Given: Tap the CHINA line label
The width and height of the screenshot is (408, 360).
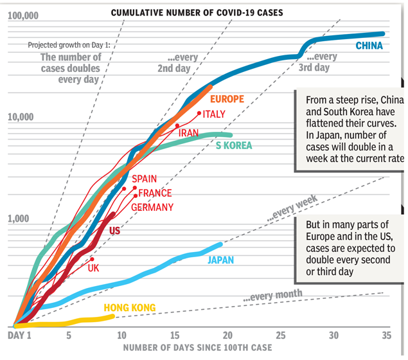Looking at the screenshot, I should (x=369, y=46).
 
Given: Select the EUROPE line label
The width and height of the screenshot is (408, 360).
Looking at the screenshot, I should (x=227, y=99).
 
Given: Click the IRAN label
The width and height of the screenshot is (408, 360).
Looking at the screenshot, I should (x=188, y=133).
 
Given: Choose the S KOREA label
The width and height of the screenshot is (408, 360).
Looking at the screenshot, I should (x=233, y=145).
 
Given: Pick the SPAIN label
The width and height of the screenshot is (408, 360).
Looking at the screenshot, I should (x=144, y=179).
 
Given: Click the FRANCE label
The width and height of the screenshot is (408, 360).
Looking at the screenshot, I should (x=155, y=193).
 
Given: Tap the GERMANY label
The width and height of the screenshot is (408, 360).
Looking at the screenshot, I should (x=152, y=207).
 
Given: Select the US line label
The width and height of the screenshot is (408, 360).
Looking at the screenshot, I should (x=115, y=230).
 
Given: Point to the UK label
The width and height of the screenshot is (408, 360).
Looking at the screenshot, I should (x=93, y=268).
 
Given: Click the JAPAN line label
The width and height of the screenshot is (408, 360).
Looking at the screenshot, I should (x=220, y=260).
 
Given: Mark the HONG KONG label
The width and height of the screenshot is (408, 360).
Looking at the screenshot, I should (x=130, y=308).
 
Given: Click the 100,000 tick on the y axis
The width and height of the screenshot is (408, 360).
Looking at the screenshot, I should (x=24, y=15).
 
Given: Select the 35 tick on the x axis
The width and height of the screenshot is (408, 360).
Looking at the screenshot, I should (x=386, y=336).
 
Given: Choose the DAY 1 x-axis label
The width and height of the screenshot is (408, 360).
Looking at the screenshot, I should (x=19, y=336).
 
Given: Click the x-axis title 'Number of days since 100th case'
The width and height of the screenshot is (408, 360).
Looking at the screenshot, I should (x=198, y=348).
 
